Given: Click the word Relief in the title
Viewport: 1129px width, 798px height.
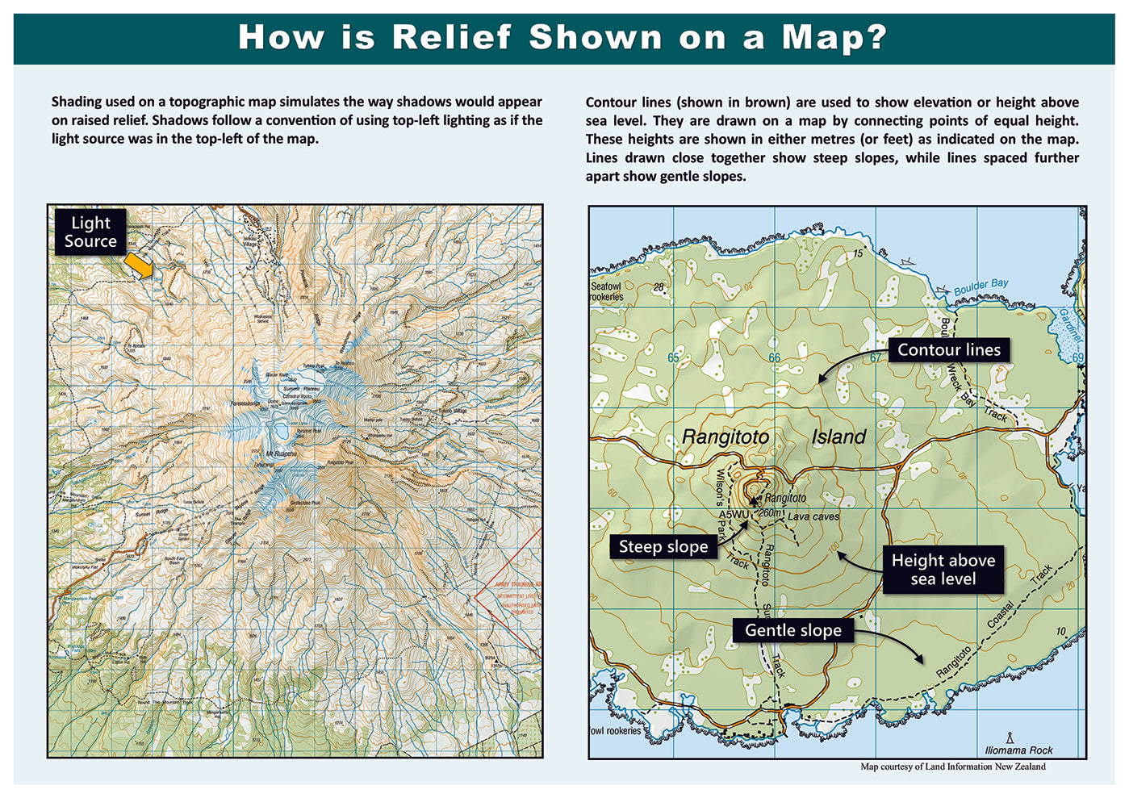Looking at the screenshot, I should click(x=451, y=37).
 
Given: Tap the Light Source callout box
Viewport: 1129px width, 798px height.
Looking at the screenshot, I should click(x=90, y=232).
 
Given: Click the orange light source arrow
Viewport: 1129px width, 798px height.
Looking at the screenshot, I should click(x=139, y=265).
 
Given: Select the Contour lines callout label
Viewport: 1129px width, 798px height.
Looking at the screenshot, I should click(x=948, y=349).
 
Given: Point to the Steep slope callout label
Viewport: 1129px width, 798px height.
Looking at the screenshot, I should click(x=663, y=547).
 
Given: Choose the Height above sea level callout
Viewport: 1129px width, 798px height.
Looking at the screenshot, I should click(x=943, y=570).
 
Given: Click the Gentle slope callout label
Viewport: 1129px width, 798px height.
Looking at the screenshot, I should click(x=792, y=630).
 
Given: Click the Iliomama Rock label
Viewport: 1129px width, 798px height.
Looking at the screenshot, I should click(x=1018, y=750).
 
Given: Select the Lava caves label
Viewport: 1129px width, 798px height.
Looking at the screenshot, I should click(x=813, y=516).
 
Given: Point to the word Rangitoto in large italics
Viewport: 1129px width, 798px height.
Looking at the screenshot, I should click(x=725, y=437).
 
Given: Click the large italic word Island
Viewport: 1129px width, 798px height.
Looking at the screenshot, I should click(x=838, y=437).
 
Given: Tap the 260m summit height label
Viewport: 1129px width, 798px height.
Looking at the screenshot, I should click(x=770, y=512).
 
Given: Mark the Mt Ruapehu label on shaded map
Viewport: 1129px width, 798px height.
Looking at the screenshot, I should click(x=281, y=454).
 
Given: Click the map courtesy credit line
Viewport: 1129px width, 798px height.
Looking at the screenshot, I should click(x=952, y=767).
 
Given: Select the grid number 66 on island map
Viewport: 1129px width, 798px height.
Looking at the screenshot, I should click(x=774, y=357).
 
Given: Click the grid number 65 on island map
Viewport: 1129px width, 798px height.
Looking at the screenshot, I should click(x=673, y=357).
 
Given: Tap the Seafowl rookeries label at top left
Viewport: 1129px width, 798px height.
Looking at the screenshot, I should click(x=606, y=291).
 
